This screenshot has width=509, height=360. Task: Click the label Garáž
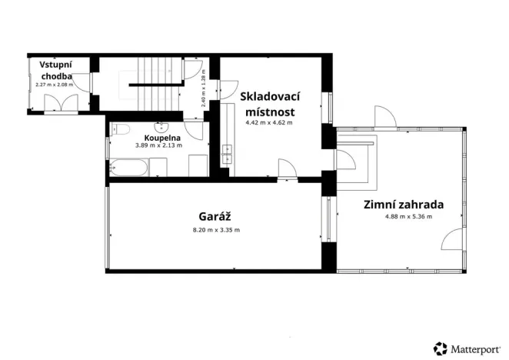pyautogui.click(x=215, y=217)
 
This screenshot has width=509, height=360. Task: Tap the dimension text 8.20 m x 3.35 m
pyautogui.click(x=215, y=230)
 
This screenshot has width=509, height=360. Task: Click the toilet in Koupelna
pyautogui.click(x=121, y=129)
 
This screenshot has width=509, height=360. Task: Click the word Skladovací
pyautogui.click(x=269, y=97)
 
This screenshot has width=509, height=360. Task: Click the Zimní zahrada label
pyautogui.click(x=403, y=205)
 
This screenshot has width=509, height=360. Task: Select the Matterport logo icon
pyautogui.click(x=441, y=348)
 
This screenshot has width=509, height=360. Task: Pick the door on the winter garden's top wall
pyautogui.click(x=385, y=118)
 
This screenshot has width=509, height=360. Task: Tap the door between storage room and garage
pyautogui.click(x=286, y=168)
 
